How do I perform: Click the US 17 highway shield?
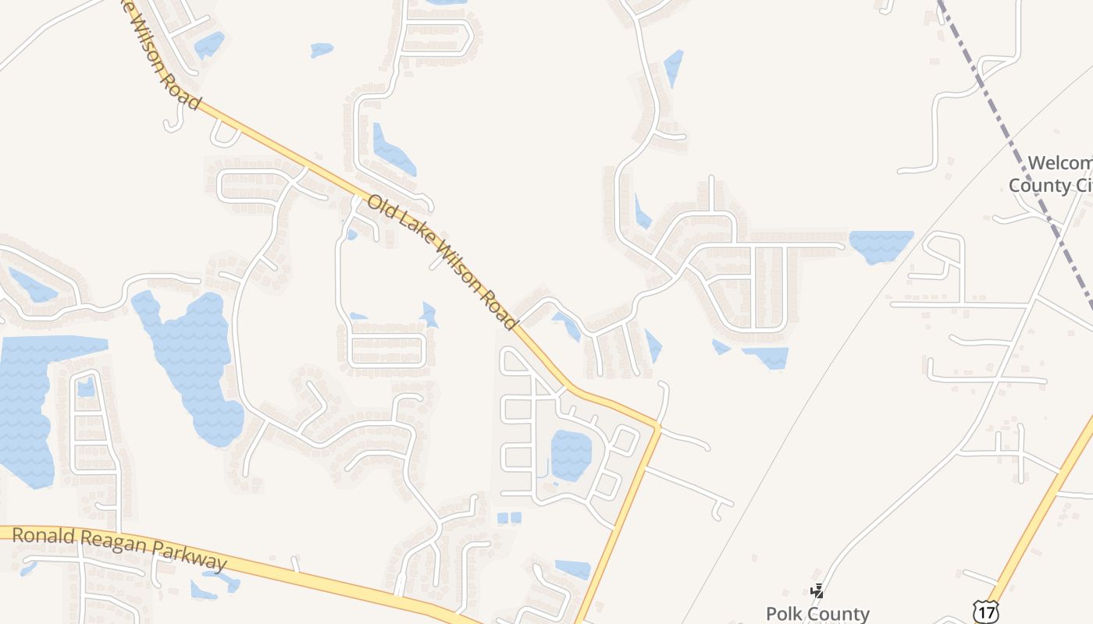tap(986, 612)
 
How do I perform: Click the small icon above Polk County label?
tap(817, 591)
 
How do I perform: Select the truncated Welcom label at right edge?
tap(1059, 163)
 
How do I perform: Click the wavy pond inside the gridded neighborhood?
tap(571, 456)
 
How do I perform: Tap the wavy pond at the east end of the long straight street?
tap(881, 245)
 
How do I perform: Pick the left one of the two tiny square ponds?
tap(503, 517)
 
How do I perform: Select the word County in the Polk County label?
tap(841, 614)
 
